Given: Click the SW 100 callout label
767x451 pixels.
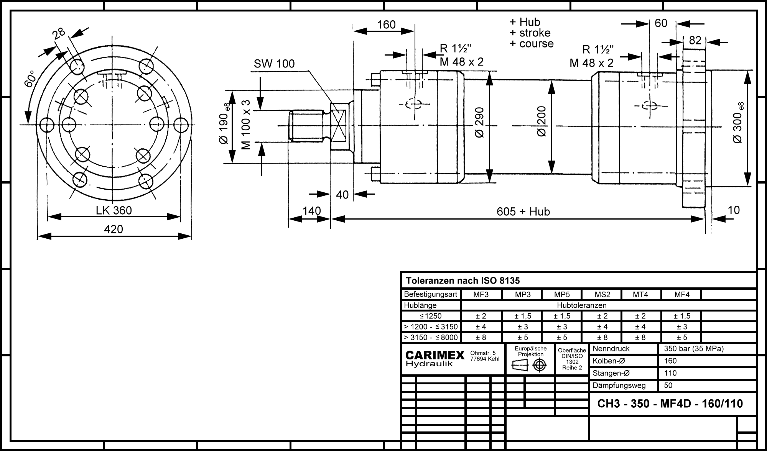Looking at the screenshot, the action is pos(274,64).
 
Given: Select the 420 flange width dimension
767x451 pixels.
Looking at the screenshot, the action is pos(114,229).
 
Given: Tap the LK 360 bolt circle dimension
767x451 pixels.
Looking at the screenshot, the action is pos(114,210).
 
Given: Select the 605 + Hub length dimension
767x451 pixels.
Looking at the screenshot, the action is pos(523,212).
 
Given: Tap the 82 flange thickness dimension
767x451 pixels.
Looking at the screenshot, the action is pos(695,40).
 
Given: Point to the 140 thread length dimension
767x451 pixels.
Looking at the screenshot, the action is pos(311,211).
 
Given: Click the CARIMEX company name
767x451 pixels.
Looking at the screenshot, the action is pos(435,355).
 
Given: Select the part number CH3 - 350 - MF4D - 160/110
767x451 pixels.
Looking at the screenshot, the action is pos(670,404).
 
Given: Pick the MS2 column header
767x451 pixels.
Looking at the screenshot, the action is pos(602,295).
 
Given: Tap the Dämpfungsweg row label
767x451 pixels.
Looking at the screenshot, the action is pos(619,385).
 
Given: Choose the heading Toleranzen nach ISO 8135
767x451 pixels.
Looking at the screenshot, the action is pos(463,281).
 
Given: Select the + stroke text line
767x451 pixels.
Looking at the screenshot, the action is pos(530,33).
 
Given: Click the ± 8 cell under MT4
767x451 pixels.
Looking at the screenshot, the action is pos(640,338).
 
